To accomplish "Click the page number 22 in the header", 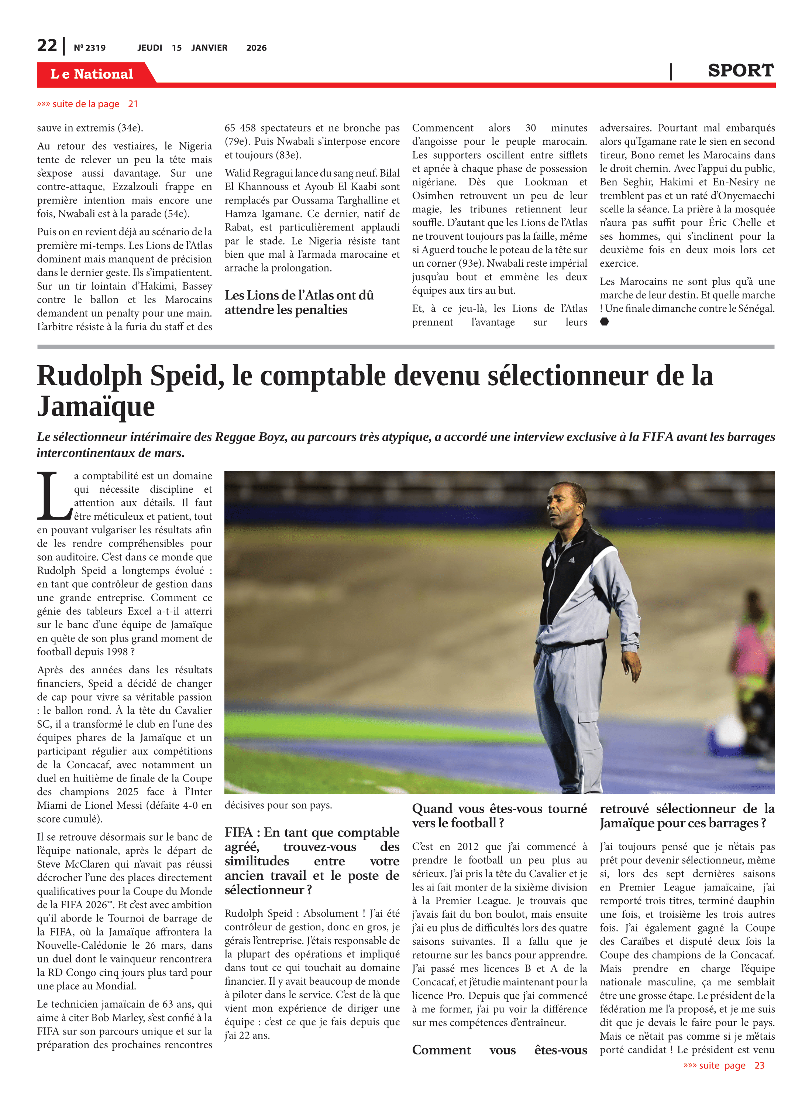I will coord(47,45).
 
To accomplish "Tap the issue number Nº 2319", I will coord(89,48).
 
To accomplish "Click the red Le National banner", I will coord(92,74).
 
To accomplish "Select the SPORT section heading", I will coord(740,71).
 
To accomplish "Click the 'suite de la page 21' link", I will coord(87,104).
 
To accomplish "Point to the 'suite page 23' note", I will coord(723,1065).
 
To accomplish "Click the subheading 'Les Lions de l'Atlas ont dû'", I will coord(299,295).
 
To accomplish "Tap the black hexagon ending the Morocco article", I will coord(605,322).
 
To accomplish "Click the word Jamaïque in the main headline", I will coord(96,407).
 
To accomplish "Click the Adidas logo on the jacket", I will coord(571,560).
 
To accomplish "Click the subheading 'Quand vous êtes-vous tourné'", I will coord(499,808).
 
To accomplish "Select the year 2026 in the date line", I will coord(256,48).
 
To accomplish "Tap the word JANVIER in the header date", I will coord(209,48).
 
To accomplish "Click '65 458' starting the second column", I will coord(240,128).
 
